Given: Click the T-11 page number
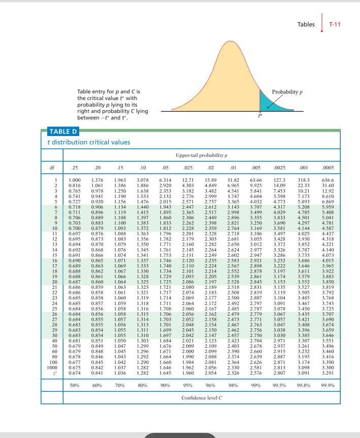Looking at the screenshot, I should (x=335, y=23).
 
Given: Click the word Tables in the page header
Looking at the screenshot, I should (x=306, y=23).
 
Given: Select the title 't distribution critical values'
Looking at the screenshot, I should (x=81, y=142).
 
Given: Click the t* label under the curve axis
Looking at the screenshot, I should (x=260, y=116).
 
